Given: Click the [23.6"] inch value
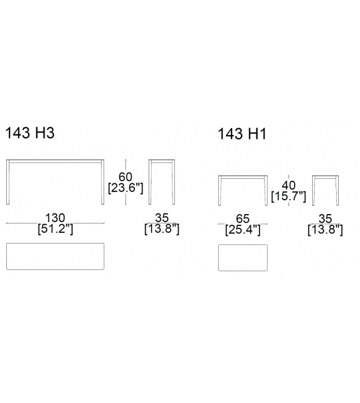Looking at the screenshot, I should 126,187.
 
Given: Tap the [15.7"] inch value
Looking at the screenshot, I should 289,197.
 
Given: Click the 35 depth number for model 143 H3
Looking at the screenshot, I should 162,218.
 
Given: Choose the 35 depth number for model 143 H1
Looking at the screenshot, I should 325,219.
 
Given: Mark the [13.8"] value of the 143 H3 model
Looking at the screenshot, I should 162,229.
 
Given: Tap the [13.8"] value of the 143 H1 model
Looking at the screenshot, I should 325,230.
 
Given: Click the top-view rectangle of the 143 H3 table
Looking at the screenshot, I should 55,257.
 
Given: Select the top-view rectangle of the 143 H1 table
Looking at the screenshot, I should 244,257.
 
